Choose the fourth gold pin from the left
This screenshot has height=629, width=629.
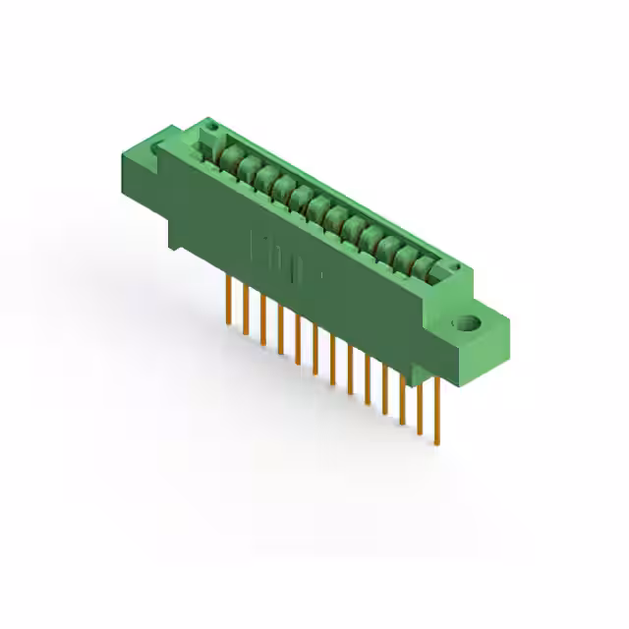tap(280, 326)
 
